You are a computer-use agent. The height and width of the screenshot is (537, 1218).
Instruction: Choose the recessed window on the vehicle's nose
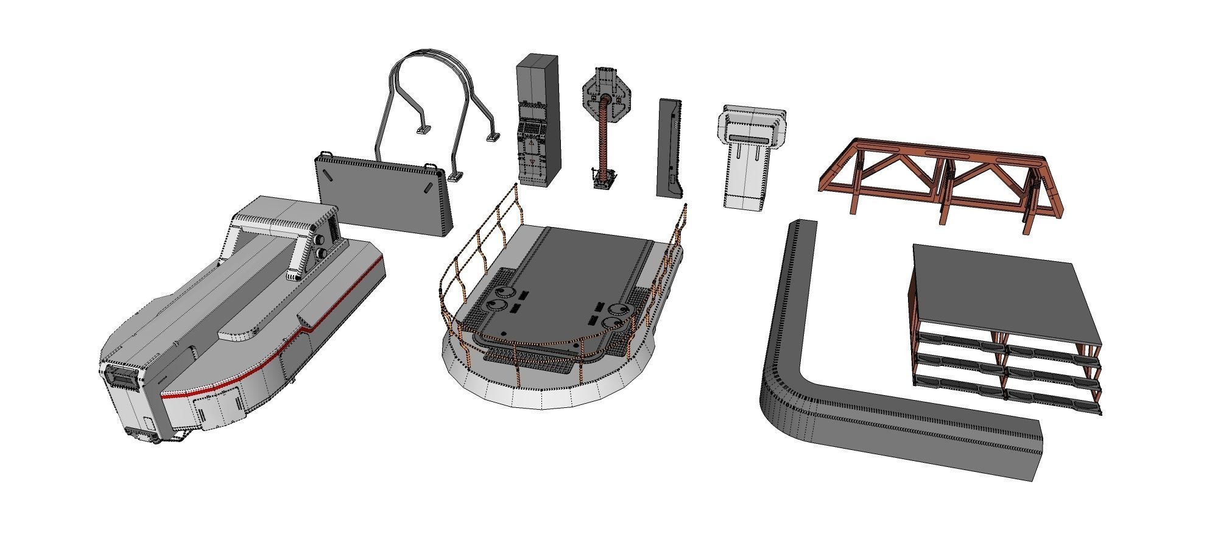point(121,377)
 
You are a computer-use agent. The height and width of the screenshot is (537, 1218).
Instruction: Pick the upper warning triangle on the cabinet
point(531,142)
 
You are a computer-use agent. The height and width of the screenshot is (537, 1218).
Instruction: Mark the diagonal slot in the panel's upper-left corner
point(328,174)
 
